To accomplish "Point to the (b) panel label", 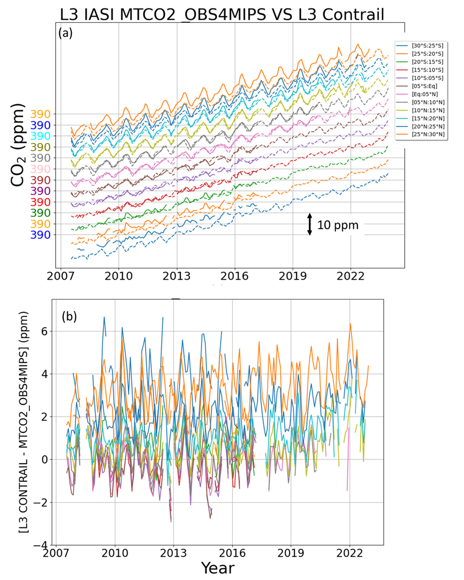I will (70, 317).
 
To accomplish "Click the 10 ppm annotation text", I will (338, 225).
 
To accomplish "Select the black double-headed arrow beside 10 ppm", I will (310, 224).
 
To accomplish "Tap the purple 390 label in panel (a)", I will (40, 191).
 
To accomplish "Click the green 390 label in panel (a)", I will (40, 213).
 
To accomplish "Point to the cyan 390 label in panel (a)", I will (40, 136).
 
